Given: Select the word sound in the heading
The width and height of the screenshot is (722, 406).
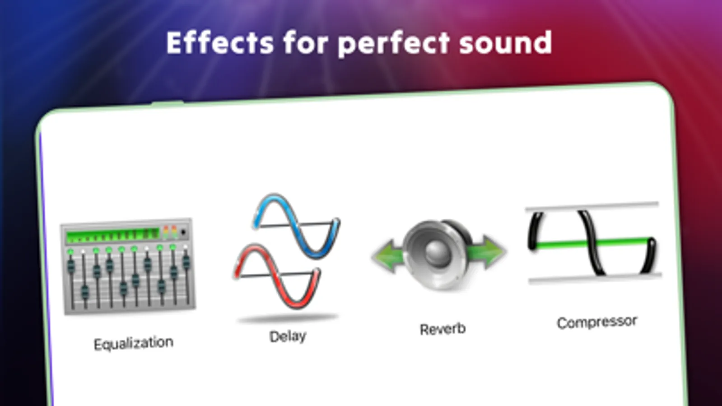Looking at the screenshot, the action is tap(506, 42).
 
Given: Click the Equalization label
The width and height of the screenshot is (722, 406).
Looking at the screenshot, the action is tap(134, 344).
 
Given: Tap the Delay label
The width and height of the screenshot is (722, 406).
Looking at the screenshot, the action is tap(288, 337).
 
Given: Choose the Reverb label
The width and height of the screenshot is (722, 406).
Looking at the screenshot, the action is tap(443, 329).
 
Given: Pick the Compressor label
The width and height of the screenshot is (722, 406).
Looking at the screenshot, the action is tap(597, 322).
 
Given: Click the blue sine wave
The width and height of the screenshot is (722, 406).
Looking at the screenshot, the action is tap(296, 226).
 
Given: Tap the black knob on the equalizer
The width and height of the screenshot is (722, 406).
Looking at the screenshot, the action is tap(183, 232).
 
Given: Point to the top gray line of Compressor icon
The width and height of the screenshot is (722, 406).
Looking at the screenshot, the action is tap(592, 206).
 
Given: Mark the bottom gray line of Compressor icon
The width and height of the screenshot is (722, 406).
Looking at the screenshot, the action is tap(595, 278).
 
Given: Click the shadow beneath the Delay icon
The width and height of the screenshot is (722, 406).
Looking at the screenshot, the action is tap(288, 318).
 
